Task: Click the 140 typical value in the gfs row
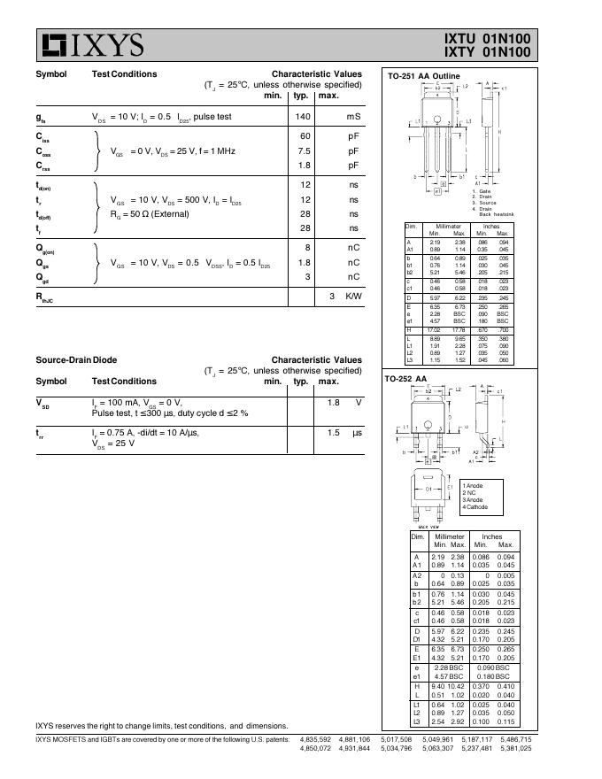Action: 303,117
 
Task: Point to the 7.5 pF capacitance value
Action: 305,151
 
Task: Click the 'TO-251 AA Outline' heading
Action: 424,77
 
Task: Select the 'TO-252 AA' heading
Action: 405,379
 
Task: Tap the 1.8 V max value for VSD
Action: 334,403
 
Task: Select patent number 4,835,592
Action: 316,739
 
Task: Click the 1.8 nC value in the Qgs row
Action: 304,262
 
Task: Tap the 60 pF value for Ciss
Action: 305,136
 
